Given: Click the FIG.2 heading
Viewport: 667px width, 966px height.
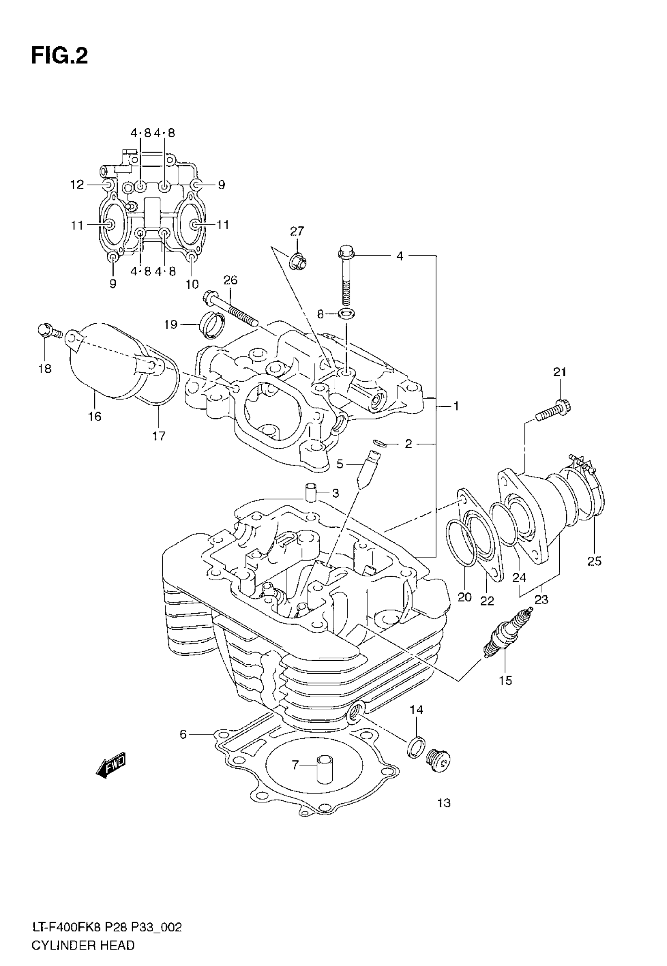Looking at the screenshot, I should pos(60,56).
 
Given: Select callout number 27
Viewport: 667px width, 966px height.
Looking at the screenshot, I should pos(297,231).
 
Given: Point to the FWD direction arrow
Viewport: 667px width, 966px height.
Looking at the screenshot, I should pos(111,766).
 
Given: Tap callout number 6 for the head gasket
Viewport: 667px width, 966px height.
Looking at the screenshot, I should pos(183,734).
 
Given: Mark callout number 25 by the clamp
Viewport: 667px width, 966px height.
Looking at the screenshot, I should pos(594,561).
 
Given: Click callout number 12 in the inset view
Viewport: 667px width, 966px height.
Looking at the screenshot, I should pos(77,184).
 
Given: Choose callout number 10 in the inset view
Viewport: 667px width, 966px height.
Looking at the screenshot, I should pos(192,284).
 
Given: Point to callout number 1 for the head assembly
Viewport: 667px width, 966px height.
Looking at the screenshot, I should pos(456,406).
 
